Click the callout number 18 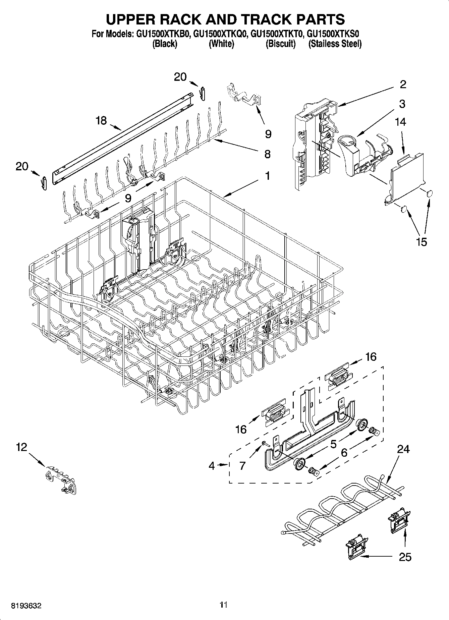101,120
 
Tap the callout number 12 21,447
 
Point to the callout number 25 405,557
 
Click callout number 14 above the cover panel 400,122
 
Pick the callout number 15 422,241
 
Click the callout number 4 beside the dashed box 211,465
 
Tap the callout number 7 242,465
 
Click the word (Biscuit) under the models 281,44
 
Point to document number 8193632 26,606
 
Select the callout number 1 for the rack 267,175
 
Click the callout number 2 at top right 403,84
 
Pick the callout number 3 402,104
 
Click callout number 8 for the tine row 267,154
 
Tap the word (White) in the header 221,44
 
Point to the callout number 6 344,453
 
